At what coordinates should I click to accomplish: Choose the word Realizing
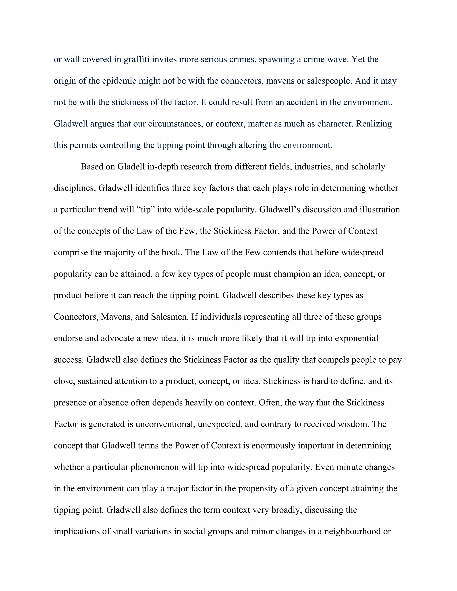click(374, 124)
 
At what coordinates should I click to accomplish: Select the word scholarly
click(368, 167)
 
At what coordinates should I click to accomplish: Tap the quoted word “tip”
click(146, 210)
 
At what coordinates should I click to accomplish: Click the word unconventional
click(165, 424)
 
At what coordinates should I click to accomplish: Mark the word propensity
click(259, 488)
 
